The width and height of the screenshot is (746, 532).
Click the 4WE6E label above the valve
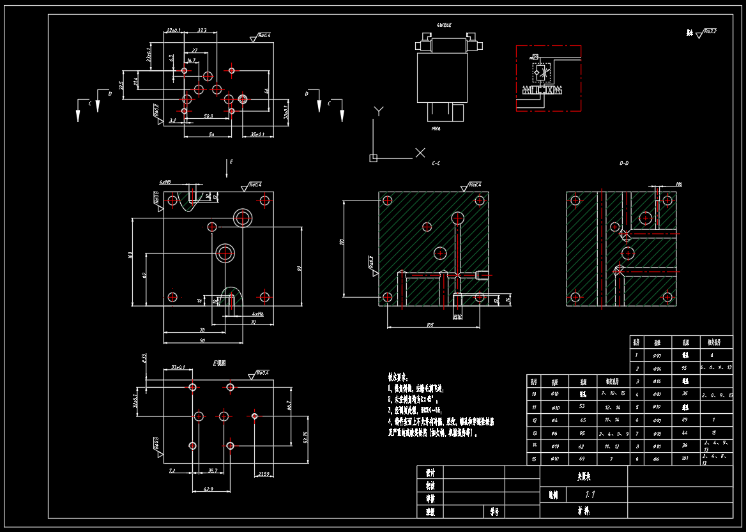click(444, 25)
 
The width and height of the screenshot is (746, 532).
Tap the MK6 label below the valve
click(436, 128)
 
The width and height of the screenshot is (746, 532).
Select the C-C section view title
click(436, 163)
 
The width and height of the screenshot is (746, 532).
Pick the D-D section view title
click(624, 163)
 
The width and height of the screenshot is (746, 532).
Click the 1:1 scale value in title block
click(590, 494)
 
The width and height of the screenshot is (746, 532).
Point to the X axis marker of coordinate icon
click(420, 153)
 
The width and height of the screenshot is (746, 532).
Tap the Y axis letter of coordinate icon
click(379, 111)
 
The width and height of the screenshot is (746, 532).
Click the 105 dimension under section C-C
click(429, 325)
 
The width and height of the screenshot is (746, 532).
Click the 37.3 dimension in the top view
click(202, 30)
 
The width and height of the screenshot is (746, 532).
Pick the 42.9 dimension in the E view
click(209, 489)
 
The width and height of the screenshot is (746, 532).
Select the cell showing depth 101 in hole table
click(685, 458)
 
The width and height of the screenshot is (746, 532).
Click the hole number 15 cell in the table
click(533, 459)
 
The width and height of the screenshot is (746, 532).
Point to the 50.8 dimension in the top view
click(208, 117)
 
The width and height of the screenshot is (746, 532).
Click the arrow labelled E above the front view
click(228, 168)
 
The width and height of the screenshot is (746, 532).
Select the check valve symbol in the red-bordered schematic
click(542, 72)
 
